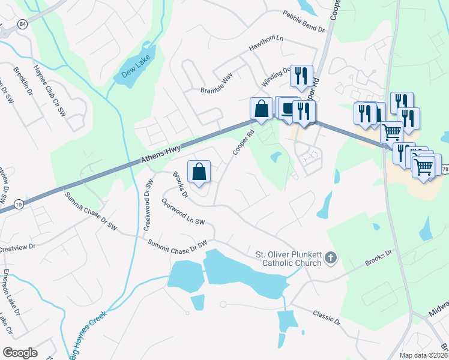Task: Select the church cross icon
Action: tap(330, 259)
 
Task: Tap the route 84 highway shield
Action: tap(23, 24)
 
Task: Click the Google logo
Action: tap(20, 353)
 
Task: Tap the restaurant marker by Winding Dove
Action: tap(300, 76)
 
